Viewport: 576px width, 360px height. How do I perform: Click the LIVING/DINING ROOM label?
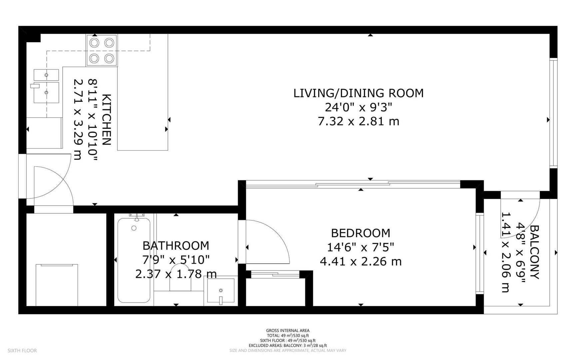358,93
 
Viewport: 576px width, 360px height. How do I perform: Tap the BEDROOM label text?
360,233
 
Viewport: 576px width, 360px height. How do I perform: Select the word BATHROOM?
176,246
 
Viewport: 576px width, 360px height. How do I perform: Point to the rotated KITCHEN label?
106,120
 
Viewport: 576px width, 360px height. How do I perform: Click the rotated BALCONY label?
534,252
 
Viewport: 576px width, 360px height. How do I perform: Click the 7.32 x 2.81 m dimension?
358,121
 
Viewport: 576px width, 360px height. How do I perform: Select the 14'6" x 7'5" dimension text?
360,247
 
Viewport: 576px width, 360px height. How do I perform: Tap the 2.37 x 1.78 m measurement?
176,274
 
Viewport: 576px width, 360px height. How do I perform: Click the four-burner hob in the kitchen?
102,50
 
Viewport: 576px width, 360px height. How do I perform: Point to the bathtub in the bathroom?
134,260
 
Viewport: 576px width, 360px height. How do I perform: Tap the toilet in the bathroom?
180,278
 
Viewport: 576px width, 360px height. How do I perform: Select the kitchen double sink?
46,86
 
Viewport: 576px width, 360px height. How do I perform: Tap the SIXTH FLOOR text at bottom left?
22,351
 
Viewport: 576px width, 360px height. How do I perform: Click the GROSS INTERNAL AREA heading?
288,331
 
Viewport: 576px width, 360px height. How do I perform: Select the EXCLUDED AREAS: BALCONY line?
288,346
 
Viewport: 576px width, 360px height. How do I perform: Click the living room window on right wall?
553,112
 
